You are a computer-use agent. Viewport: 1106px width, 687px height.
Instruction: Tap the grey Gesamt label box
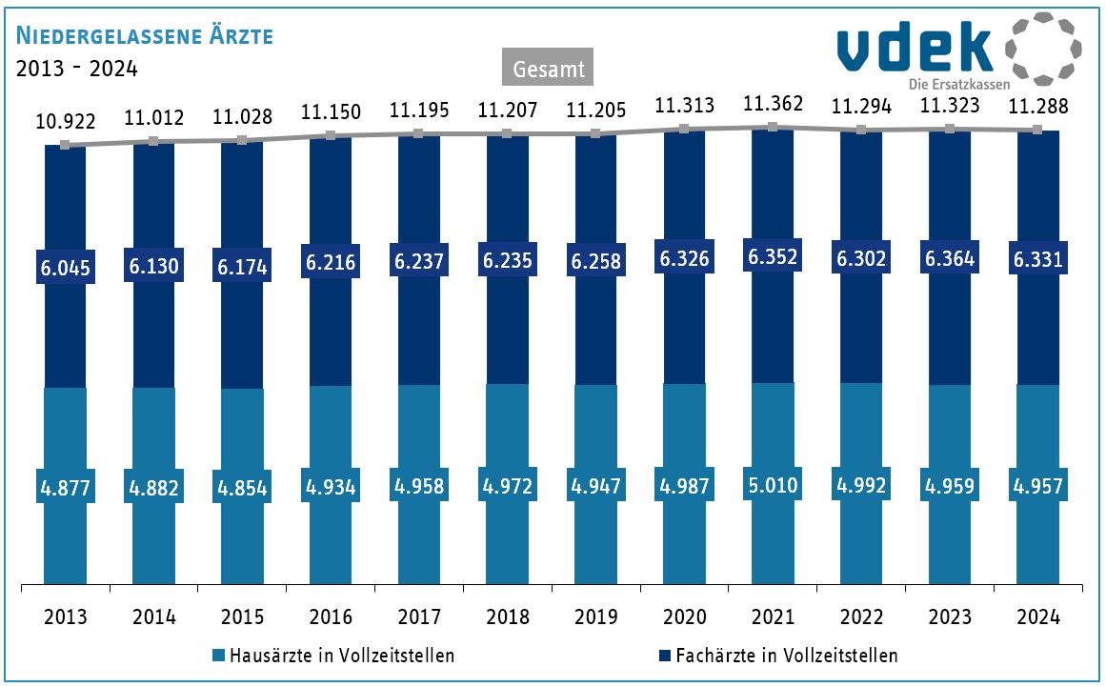[x=548, y=68]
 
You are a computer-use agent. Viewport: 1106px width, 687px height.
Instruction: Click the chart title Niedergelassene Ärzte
[x=144, y=36]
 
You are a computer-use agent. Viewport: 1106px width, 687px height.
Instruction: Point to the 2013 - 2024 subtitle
[x=77, y=69]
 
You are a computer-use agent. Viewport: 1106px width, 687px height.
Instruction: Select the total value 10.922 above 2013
[x=66, y=122]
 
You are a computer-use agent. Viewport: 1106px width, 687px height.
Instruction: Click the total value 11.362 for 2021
[x=773, y=104]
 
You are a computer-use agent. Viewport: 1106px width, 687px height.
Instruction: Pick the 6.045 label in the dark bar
[x=66, y=267]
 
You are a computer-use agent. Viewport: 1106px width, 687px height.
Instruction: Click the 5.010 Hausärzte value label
[x=773, y=485]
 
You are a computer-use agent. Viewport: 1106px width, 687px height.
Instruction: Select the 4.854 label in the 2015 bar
[x=242, y=488]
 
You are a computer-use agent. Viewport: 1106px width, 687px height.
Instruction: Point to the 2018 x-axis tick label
[x=507, y=616]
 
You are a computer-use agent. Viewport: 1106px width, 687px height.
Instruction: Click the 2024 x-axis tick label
[x=1037, y=616]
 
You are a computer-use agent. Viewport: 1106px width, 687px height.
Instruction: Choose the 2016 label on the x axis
[x=331, y=616]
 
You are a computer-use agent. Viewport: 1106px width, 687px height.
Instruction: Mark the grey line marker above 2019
[x=595, y=133]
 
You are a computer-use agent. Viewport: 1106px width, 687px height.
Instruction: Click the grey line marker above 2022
[x=860, y=130]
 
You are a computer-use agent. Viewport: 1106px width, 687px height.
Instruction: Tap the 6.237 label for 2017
[x=419, y=261]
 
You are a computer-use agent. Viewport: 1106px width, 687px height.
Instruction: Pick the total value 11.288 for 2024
[x=1037, y=107]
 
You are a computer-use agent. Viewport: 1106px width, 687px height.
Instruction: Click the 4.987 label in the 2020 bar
[x=684, y=486]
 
